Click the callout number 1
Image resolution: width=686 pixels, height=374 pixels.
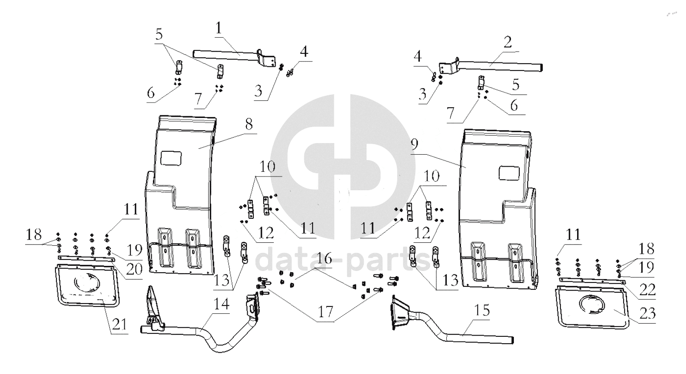(x=218, y=28)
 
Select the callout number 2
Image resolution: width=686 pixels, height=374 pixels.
(x=507, y=42)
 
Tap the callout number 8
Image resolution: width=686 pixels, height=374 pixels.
(x=249, y=124)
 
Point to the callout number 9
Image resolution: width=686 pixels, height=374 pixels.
(x=414, y=144)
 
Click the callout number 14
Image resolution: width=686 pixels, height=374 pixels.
(x=221, y=304)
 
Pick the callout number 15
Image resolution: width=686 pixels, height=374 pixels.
(x=482, y=310)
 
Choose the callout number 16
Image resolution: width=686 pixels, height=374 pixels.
(x=324, y=258)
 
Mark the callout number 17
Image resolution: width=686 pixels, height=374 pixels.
(x=325, y=312)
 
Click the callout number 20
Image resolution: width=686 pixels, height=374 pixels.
(x=135, y=269)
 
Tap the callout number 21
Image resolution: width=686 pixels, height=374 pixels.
(x=120, y=324)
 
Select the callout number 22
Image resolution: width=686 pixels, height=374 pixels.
(x=648, y=289)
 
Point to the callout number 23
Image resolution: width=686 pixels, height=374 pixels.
(x=648, y=313)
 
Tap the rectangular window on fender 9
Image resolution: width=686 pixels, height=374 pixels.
(x=509, y=173)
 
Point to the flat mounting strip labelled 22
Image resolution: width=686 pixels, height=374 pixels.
(x=592, y=281)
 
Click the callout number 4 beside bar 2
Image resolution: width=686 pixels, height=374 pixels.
(x=418, y=56)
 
